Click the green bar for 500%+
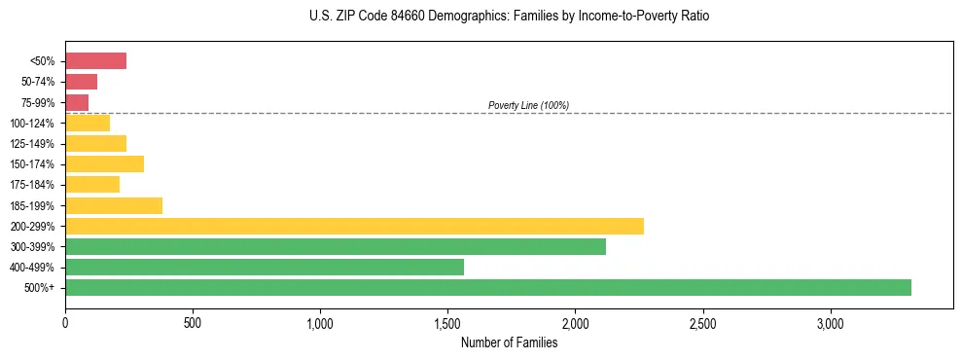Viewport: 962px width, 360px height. (x=487, y=287)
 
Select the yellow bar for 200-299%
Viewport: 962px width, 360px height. (x=354, y=226)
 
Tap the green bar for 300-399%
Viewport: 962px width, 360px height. (x=336, y=246)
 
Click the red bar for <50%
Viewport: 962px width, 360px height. (x=95, y=61)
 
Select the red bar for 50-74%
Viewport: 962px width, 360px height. (x=81, y=82)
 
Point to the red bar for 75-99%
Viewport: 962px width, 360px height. (x=77, y=102)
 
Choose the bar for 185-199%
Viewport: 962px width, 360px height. (x=114, y=205)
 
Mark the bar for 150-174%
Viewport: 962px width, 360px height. (x=104, y=163)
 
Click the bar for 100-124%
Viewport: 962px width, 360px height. (x=88, y=123)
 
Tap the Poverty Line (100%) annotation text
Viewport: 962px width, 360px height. (x=528, y=105)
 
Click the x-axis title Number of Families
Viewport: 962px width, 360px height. (x=509, y=342)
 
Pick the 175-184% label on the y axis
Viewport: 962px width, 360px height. (x=32, y=185)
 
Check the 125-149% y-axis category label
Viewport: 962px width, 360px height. (x=32, y=144)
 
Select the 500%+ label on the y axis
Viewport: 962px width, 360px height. (x=41, y=288)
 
